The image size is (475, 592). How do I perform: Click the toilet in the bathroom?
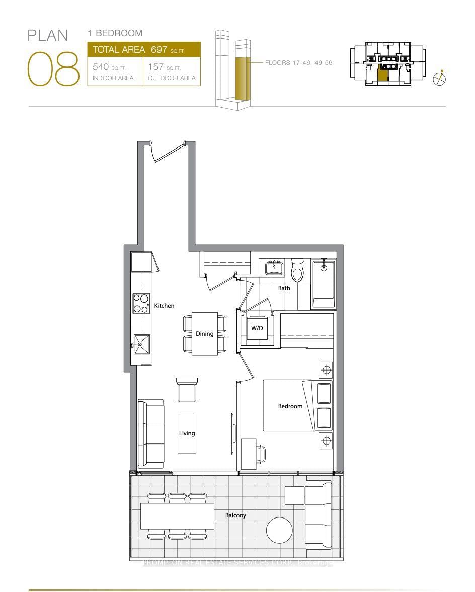tap(297, 271)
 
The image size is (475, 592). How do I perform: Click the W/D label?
tap(257, 328)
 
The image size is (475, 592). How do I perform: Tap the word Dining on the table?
tap(205, 333)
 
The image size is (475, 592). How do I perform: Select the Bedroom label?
tap(290, 406)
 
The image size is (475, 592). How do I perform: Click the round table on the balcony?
tap(279, 531)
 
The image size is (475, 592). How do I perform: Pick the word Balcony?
tap(235, 515)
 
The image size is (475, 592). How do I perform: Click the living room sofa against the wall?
tap(150, 434)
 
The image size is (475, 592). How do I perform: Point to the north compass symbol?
tap(440, 78)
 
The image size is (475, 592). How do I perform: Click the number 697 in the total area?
tap(159, 49)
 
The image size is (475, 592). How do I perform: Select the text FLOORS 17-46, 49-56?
tap(299, 63)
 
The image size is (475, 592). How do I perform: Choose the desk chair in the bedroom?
tap(261, 455)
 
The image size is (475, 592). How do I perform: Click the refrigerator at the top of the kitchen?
tap(141, 262)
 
